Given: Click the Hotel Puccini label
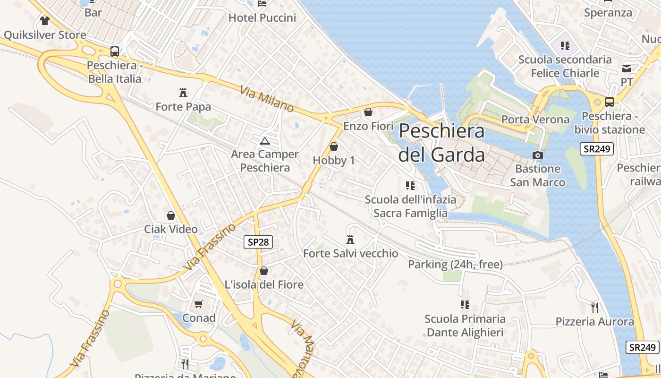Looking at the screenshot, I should click(x=262, y=18).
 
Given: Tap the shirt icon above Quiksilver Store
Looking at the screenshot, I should click(x=45, y=21).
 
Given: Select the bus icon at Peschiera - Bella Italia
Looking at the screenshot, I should click(x=115, y=52).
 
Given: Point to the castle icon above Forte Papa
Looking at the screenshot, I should click(x=183, y=93).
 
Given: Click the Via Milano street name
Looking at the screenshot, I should click(x=267, y=99).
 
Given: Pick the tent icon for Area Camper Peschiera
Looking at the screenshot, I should click(x=264, y=140).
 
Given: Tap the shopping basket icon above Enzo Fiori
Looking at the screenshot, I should click(x=368, y=112).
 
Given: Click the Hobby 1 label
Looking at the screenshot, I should click(x=334, y=160).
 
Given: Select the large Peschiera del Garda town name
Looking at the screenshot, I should click(x=441, y=143).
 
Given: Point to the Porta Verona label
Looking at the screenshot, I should click(x=535, y=120).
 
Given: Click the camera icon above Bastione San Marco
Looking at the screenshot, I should click(x=537, y=155).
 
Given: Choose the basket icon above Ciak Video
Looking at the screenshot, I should click(x=171, y=215).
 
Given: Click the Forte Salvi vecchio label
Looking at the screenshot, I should click(x=350, y=253).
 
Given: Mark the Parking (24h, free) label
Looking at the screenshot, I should click(x=455, y=264).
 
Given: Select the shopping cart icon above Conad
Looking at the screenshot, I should click(x=199, y=304).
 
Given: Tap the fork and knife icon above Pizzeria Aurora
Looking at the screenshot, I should click(x=595, y=308).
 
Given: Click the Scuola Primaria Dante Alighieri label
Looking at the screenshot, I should click(x=465, y=326).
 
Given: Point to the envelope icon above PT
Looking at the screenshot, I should click(x=627, y=69).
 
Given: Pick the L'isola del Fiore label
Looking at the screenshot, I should click(x=264, y=285).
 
